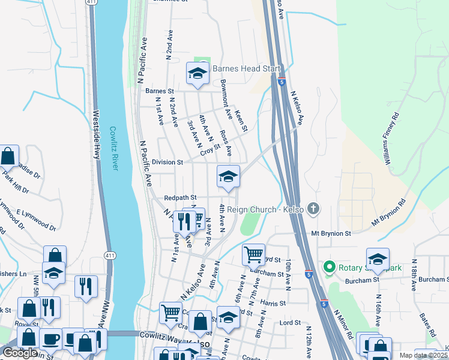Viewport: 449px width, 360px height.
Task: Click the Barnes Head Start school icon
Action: [x=197, y=73]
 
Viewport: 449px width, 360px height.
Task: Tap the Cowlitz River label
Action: [x=113, y=148]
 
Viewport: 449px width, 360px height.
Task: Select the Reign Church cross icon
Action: [x=312, y=209]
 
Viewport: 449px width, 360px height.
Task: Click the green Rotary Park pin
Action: [x=329, y=266]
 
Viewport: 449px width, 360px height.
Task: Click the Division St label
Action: [x=167, y=162]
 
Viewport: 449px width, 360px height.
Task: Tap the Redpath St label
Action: [x=181, y=197]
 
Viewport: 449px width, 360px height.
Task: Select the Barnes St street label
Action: [x=159, y=91]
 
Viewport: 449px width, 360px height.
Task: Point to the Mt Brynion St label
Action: [x=331, y=233]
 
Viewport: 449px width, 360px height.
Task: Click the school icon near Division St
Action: [x=228, y=176]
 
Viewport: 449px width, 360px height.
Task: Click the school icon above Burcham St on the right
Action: [x=378, y=259]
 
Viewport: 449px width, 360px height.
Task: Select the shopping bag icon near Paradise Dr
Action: [x=8, y=157]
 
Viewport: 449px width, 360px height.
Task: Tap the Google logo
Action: [x=19, y=353]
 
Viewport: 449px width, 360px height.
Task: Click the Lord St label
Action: [x=290, y=323]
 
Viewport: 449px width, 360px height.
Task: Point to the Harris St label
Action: [x=273, y=303]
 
